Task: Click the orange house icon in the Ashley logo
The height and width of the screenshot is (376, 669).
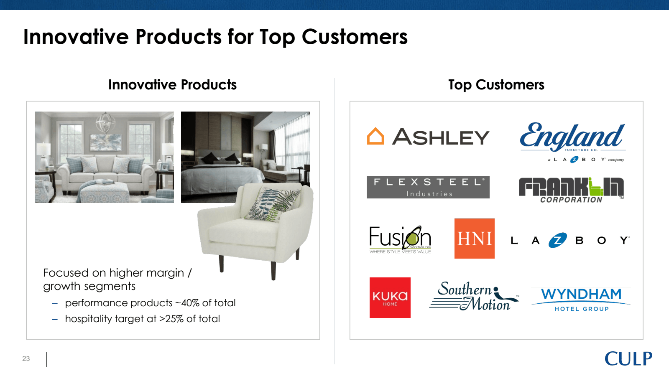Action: tap(375, 136)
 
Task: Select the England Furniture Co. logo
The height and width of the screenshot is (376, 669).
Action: tap(572, 142)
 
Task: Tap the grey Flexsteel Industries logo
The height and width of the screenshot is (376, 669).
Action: tap(428, 187)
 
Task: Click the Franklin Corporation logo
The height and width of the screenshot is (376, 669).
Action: tap(571, 190)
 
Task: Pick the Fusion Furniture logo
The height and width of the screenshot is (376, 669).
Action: tap(400, 240)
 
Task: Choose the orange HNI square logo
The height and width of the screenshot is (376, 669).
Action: tap(474, 239)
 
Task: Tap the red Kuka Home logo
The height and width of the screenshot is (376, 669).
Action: tap(390, 297)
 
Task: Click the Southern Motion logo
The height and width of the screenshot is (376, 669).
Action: tap(474, 296)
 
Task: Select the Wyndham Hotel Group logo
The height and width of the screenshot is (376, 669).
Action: tap(581, 300)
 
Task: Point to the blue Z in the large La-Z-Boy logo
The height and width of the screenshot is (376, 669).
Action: tap(557, 240)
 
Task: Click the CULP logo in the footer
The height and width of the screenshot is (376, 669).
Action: tap(628, 358)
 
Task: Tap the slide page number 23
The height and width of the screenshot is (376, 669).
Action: tap(26, 358)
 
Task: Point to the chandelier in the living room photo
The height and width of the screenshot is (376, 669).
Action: tap(105, 122)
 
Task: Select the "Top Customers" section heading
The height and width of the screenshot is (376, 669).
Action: tap(496, 85)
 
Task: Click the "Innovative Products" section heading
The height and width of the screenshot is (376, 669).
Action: tap(172, 85)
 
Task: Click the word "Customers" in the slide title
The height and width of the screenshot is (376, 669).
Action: tap(355, 37)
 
